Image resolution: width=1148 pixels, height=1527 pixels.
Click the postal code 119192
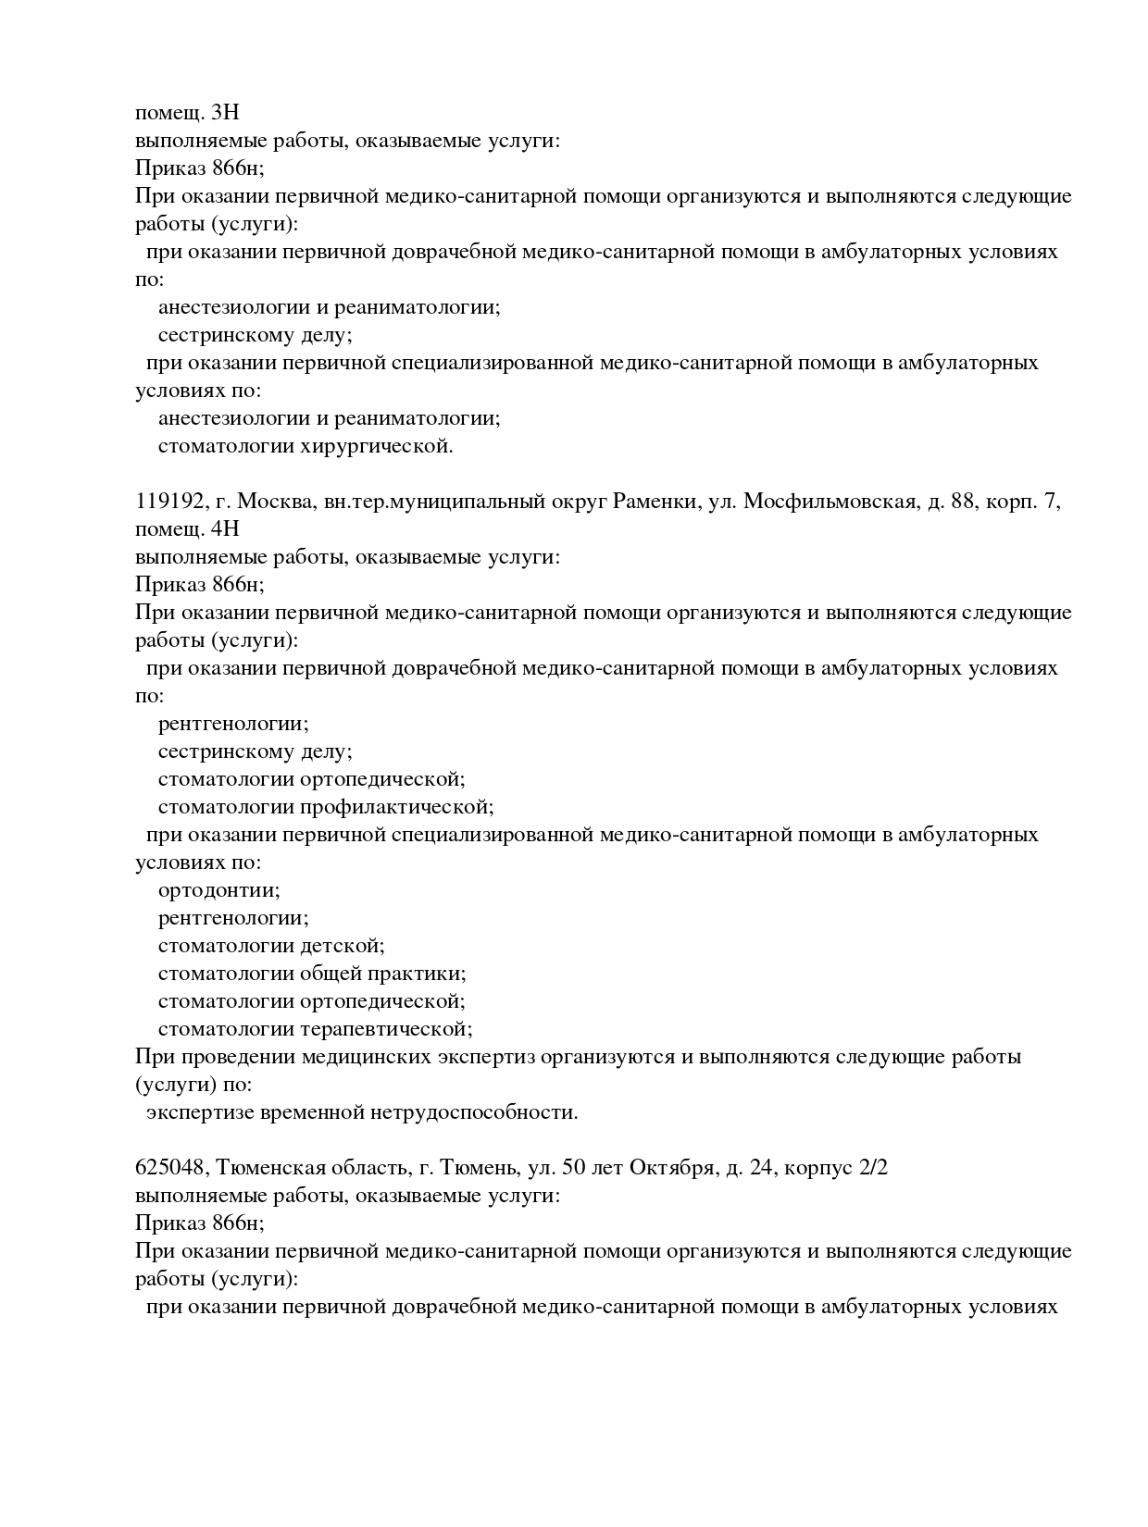click(169, 502)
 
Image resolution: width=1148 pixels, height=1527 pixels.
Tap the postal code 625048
click(169, 1168)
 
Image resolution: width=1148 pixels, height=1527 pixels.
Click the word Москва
click(275, 502)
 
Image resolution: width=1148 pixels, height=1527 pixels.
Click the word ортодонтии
click(218, 890)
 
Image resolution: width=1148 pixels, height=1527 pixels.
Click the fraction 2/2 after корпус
click(874, 1168)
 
